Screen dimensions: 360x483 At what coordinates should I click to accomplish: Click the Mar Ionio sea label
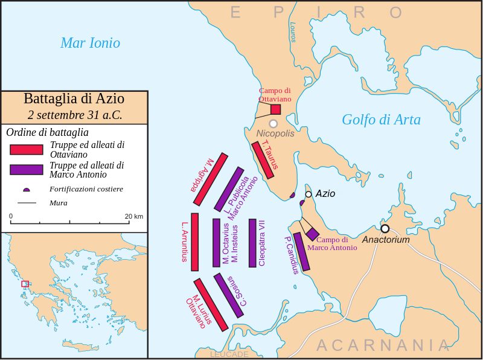coord(90,43)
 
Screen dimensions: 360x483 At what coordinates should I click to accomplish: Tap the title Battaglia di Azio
coord(74,99)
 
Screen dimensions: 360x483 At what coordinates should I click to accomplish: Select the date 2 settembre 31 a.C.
coord(74,114)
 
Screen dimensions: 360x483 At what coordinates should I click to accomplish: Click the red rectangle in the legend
coord(26,149)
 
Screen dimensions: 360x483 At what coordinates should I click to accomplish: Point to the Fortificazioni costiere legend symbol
coord(26,190)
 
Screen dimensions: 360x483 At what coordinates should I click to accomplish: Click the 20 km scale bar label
coord(134,216)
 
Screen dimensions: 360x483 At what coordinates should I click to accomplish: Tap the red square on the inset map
coord(25,283)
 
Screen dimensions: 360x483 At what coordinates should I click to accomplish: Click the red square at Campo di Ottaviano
coord(275,109)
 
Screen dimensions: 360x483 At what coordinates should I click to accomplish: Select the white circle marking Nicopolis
coord(273,124)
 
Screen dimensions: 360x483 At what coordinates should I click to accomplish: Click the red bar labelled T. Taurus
coord(263,160)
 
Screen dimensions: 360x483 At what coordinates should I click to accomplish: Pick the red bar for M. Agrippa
coord(210,181)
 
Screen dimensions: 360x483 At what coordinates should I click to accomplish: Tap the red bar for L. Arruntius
coord(194,242)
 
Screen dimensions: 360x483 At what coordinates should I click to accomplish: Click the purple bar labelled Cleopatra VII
coord(252,242)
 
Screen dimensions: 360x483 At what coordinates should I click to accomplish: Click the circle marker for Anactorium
coord(385,228)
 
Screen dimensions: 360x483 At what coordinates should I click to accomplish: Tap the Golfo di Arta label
coord(381,120)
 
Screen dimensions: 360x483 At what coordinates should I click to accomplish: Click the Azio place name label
coord(325,194)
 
